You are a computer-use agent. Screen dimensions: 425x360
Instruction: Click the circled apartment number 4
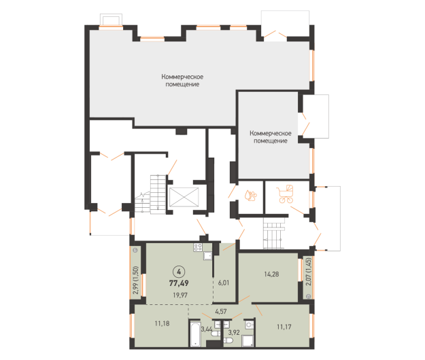[179, 272]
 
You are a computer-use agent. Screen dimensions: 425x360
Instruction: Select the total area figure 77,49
[179, 283]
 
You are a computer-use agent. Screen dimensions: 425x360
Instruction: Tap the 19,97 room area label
[180, 295]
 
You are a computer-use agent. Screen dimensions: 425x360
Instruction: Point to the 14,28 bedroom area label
[271, 274]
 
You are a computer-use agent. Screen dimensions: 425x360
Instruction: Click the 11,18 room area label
[162, 323]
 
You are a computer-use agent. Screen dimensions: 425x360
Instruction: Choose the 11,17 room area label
[284, 327]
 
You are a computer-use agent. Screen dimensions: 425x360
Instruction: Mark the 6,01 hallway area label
[224, 283]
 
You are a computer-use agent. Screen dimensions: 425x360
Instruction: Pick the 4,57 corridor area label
[221, 312]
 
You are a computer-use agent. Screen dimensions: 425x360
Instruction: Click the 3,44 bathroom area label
[207, 329]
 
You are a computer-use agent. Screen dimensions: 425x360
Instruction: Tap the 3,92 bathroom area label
[234, 332]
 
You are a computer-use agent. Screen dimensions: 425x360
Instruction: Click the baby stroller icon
[285, 194]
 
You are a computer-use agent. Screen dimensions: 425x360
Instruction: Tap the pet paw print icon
[250, 195]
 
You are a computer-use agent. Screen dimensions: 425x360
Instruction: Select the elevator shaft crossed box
[184, 198]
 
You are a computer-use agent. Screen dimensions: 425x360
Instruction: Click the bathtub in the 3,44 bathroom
[195, 334]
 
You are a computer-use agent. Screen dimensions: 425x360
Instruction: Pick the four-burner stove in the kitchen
[198, 247]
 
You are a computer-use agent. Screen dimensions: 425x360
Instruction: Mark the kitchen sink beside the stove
[207, 256]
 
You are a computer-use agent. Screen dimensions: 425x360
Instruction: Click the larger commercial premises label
[182, 80]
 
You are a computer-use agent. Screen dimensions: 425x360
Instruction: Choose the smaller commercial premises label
[271, 137]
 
